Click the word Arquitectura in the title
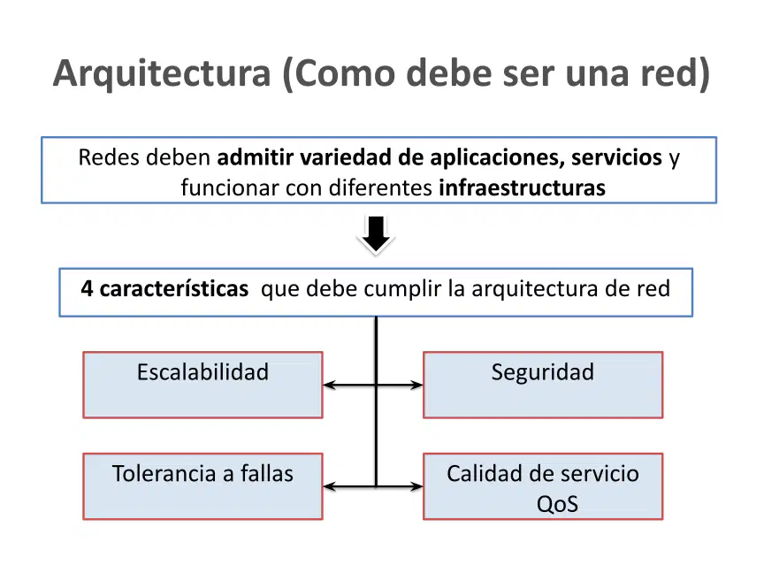(x=162, y=74)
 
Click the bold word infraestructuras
(x=522, y=187)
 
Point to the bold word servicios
(x=616, y=157)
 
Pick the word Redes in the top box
(x=109, y=157)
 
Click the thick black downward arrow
(x=376, y=234)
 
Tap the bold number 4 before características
(x=87, y=288)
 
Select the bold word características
(x=174, y=288)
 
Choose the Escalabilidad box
(x=202, y=385)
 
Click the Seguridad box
(x=543, y=385)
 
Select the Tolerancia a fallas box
(x=202, y=486)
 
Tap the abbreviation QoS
(x=557, y=504)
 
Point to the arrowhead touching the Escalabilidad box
(x=329, y=385)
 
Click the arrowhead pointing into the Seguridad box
(x=417, y=385)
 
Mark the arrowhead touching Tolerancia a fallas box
(x=329, y=486)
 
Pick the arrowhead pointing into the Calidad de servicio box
(x=417, y=486)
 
